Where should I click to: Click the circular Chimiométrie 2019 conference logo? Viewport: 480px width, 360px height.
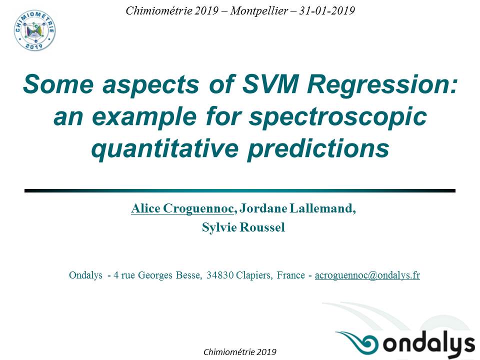34,31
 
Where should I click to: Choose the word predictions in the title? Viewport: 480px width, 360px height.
318,148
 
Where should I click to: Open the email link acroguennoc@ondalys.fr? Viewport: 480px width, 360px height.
367,275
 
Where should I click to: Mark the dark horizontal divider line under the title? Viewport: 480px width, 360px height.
240,190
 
